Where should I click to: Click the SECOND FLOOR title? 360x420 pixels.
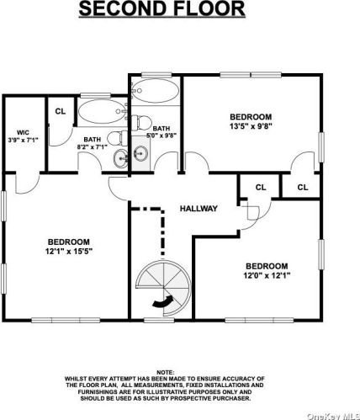pyautogui.click(x=161, y=8)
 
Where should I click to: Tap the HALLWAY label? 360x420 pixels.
pyautogui.click(x=199, y=209)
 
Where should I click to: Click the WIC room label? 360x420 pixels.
pyautogui.click(x=23, y=132)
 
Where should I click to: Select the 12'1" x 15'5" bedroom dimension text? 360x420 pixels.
pyautogui.click(x=69, y=252)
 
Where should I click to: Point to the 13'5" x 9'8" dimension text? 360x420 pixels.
pyautogui.click(x=251, y=126)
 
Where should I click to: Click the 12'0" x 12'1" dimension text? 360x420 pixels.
pyautogui.click(x=267, y=275)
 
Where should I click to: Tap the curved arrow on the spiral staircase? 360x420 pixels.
pyautogui.click(x=162, y=302)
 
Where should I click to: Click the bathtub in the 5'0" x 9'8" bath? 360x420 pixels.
pyautogui.click(x=155, y=90)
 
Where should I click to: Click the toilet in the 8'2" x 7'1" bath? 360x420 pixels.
pyautogui.click(x=118, y=138)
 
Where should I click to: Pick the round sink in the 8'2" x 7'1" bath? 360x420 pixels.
pyautogui.click(x=121, y=159)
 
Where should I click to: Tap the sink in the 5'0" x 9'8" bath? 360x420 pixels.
pyautogui.click(x=140, y=153)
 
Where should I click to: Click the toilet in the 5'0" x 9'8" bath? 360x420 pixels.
pyautogui.click(x=141, y=123)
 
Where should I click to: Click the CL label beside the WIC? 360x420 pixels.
pyautogui.click(x=61, y=111)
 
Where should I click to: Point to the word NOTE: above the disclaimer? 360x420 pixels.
pyautogui.click(x=166, y=373)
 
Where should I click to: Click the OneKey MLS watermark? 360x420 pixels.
pyautogui.click(x=334, y=416)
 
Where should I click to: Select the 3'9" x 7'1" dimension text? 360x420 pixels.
pyautogui.click(x=23, y=140)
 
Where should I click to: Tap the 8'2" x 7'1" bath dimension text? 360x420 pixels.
pyautogui.click(x=93, y=146)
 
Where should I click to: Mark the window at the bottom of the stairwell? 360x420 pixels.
pyautogui.click(x=159, y=320)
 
